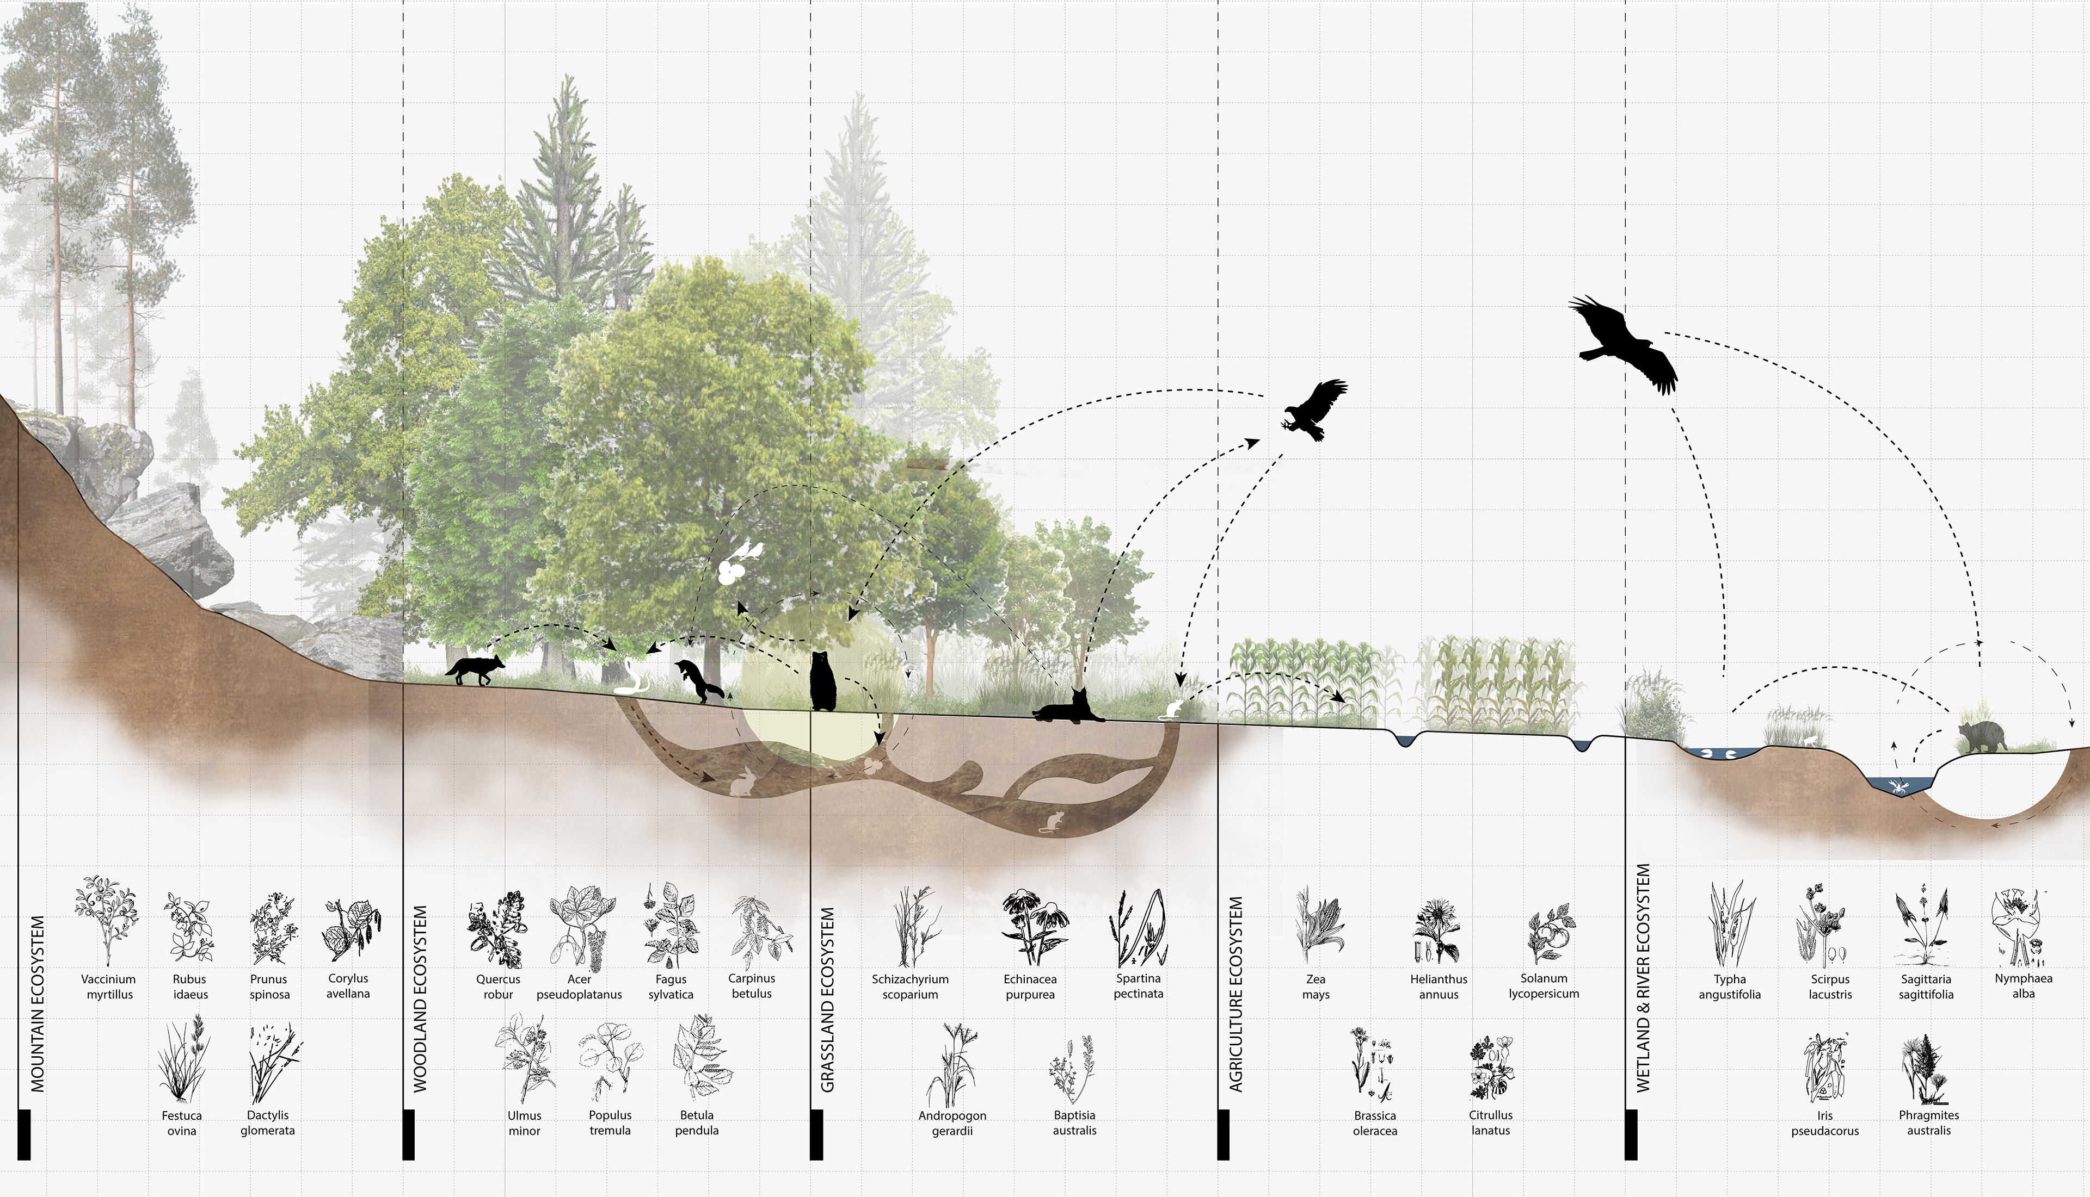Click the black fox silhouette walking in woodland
point(475,670)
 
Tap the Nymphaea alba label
point(2023,985)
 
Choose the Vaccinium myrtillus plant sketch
point(107,919)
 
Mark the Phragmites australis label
point(1928,1122)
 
